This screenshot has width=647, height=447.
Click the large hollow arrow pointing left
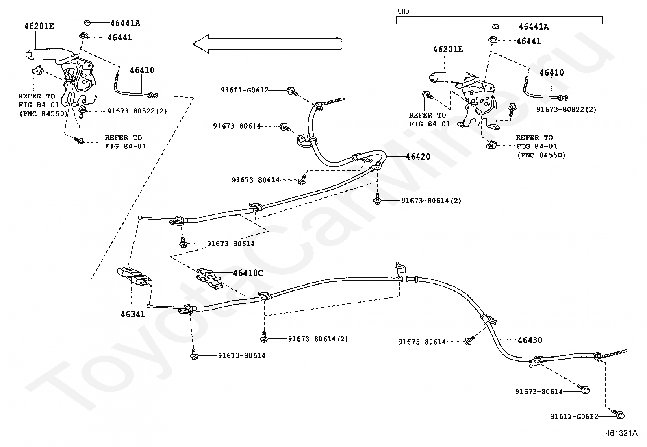click(x=267, y=44)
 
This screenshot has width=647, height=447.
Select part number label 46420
click(x=418, y=157)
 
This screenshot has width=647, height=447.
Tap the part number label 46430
click(x=530, y=340)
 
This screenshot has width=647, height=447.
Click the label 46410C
click(x=248, y=273)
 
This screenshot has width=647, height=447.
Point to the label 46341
click(x=132, y=314)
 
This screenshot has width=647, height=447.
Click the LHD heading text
click(x=403, y=11)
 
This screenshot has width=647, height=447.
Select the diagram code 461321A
click(x=621, y=433)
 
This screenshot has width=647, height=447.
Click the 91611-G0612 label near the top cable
click(x=245, y=90)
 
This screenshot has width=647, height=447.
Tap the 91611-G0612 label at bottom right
click(x=574, y=416)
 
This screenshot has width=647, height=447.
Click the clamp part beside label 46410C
click(x=209, y=279)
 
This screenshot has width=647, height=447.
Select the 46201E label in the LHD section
click(x=448, y=50)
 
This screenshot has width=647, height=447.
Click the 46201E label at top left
click(x=39, y=26)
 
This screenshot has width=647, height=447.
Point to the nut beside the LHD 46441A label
click(x=495, y=26)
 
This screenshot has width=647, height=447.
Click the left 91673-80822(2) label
click(x=137, y=111)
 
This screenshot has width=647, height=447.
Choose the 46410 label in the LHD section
click(x=551, y=72)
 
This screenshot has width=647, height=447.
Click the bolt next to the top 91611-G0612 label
click(x=292, y=92)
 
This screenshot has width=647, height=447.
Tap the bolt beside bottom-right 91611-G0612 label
click(x=618, y=414)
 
